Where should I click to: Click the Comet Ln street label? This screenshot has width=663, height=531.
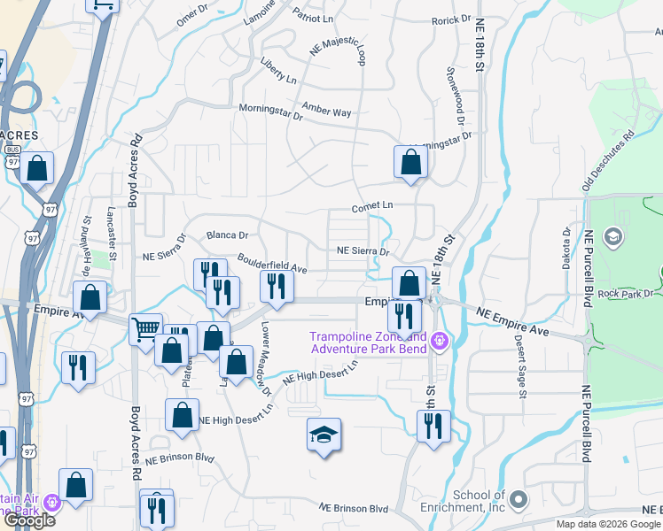[x=371, y=205]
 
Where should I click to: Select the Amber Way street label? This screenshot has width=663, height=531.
[x=326, y=110]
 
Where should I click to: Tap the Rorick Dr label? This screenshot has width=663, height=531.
[x=451, y=19]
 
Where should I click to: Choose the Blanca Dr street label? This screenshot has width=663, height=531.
[x=227, y=235]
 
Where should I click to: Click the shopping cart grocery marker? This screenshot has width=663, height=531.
[x=145, y=330]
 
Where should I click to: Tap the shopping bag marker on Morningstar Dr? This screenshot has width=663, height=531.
[x=410, y=162]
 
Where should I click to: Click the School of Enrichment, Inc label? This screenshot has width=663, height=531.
[x=479, y=501]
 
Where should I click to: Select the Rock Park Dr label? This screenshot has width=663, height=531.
[x=630, y=294]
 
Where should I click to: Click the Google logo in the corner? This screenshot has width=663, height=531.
[x=29, y=520]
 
